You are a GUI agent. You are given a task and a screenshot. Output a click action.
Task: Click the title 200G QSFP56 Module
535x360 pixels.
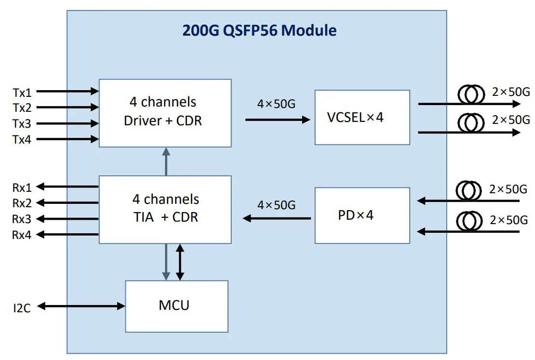[x=259, y=30]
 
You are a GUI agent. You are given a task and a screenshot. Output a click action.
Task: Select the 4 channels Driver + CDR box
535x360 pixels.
[x=165, y=112]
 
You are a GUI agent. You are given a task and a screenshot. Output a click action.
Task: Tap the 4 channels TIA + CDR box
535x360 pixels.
[x=165, y=209]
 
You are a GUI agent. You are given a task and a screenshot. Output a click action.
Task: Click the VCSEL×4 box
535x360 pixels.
[x=362, y=117]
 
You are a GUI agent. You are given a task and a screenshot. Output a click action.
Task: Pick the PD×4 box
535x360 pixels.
[x=362, y=215]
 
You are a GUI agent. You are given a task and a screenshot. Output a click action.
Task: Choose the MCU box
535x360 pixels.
[x=176, y=306]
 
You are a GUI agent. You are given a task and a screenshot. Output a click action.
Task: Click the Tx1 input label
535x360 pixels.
[x=22, y=92]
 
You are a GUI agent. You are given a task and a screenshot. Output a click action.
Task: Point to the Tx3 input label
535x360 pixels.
[x=22, y=124]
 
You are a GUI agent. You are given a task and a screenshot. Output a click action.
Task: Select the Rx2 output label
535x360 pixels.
[x=22, y=203]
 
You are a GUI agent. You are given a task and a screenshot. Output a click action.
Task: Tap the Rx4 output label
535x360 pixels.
[x=22, y=235]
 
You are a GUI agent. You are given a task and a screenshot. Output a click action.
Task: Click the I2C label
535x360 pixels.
[x=22, y=307]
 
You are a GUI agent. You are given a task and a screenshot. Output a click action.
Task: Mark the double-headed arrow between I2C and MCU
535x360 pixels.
[x=81, y=306]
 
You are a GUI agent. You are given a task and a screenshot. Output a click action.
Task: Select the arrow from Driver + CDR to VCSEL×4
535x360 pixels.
[x=277, y=119]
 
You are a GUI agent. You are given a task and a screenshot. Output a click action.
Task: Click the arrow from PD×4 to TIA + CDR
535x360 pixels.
[x=277, y=218]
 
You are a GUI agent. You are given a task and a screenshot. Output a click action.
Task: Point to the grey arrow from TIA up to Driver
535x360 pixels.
[x=165, y=161]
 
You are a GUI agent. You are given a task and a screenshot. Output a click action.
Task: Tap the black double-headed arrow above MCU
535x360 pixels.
[x=180, y=262]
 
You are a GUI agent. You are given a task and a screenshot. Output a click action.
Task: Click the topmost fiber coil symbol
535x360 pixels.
[x=471, y=95]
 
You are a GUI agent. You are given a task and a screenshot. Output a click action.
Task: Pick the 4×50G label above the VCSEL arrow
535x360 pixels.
[x=276, y=104]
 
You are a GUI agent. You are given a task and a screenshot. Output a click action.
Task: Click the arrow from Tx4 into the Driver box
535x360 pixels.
[x=67, y=140]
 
